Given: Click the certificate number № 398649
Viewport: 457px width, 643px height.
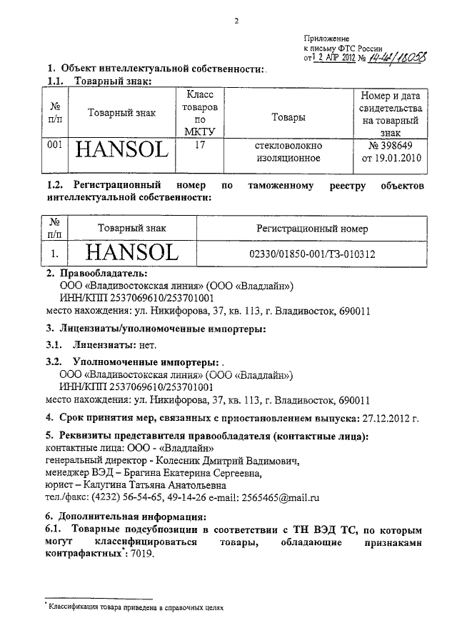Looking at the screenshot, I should click(x=391, y=145).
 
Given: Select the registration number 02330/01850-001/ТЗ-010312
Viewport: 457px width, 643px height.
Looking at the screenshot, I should click(x=311, y=254).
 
